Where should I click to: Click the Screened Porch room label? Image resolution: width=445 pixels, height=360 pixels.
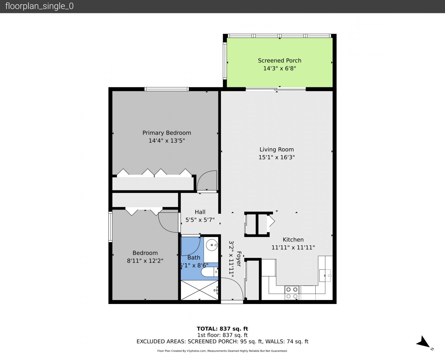(280, 61)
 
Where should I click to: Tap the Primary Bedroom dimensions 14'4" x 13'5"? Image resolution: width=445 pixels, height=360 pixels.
(167, 141)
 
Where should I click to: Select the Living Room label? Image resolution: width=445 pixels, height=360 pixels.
(277, 149)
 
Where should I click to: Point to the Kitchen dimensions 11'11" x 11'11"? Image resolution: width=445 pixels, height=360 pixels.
(293, 248)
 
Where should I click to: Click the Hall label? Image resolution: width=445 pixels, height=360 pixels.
(200, 212)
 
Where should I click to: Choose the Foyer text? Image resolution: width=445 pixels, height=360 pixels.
(239, 259)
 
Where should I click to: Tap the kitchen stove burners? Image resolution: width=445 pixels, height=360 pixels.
(292, 293)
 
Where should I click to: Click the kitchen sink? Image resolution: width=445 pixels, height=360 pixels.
(325, 276)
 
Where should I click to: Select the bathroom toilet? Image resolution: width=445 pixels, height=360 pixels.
(210, 272)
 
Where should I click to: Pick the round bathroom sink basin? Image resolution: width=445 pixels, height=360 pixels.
(212, 245)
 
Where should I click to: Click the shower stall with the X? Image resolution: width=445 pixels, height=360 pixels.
(199, 290)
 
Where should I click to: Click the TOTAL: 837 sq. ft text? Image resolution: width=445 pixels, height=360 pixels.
(222, 329)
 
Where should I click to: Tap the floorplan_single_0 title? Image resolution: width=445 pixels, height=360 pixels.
(39, 6)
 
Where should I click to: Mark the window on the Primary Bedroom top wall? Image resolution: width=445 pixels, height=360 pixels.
(167, 89)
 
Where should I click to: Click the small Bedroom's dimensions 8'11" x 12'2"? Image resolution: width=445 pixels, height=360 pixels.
(145, 261)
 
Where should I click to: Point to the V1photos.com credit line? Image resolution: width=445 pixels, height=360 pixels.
(222, 351)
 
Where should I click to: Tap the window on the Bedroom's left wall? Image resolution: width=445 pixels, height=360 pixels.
(110, 227)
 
